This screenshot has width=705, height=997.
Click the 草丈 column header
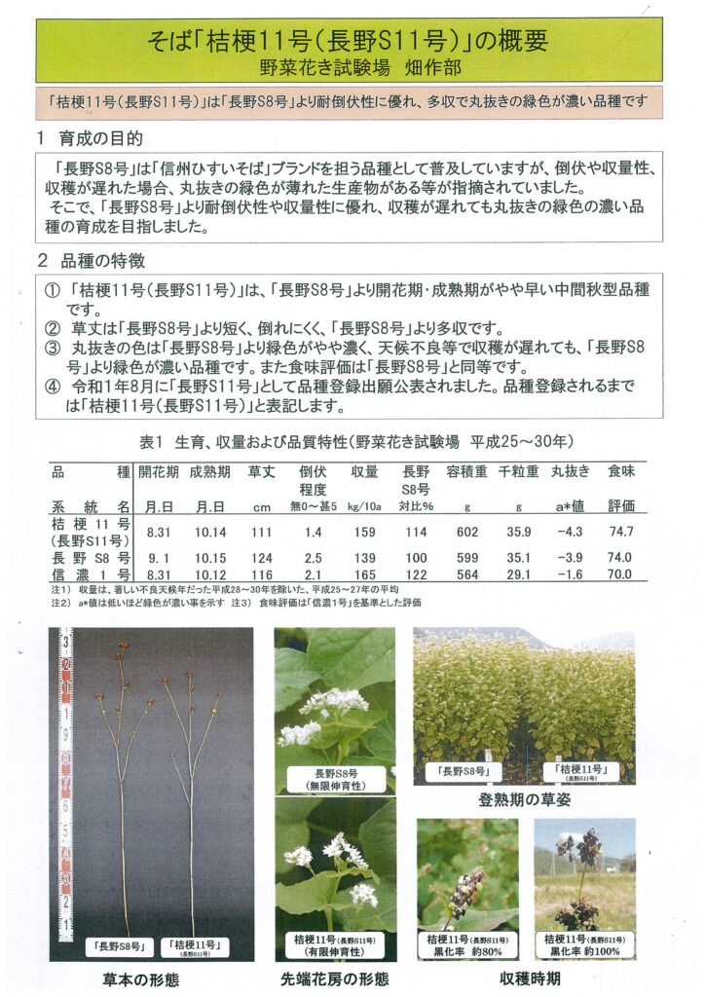(260, 471)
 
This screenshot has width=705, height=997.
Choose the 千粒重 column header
(518, 471)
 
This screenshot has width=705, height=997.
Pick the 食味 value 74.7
(619, 532)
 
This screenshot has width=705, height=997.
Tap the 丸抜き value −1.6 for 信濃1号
(570, 575)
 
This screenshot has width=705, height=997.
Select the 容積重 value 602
(466, 532)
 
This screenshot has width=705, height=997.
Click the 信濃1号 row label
(91, 575)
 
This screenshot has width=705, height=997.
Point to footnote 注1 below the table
(59, 590)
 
